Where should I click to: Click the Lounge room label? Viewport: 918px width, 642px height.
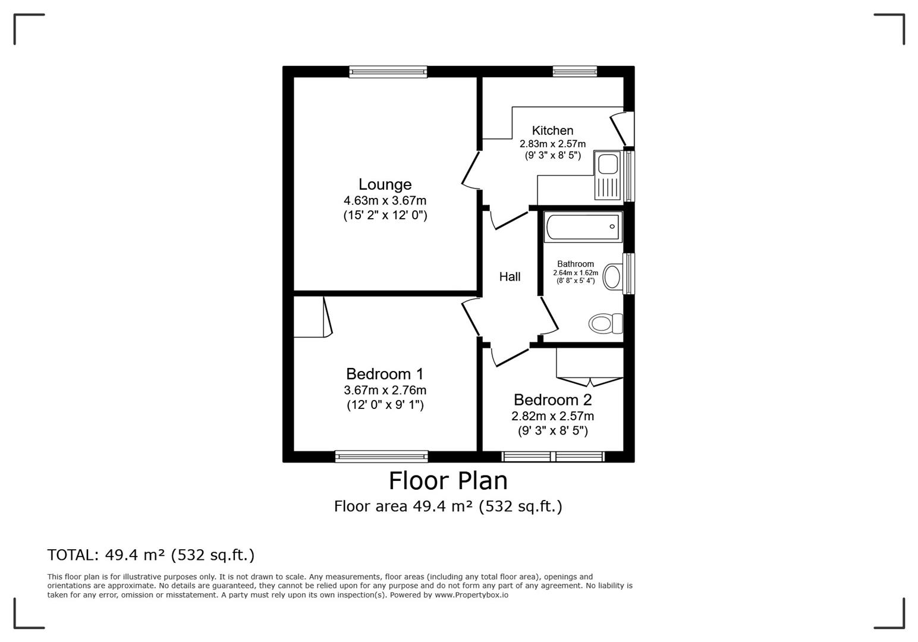tap(385, 184)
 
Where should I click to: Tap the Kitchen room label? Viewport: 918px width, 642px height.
tap(552, 130)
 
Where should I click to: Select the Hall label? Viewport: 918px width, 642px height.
tap(510, 276)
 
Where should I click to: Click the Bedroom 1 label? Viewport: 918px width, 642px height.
tap(385, 374)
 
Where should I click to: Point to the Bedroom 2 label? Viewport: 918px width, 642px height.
tap(552, 399)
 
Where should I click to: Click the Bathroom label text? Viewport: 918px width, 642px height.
tap(575, 264)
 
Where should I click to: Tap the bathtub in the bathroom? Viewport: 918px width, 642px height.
tap(583, 227)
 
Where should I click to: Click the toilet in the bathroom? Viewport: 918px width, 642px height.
tap(605, 324)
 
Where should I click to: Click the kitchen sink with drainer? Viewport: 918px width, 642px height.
tap(608, 175)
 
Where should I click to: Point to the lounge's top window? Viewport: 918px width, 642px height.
tap(388, 72)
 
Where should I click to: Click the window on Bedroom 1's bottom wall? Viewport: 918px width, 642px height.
tap(381, 457)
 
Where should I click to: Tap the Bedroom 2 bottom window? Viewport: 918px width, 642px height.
tap(553, 457)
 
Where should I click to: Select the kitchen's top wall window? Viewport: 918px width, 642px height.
tap(574, 72)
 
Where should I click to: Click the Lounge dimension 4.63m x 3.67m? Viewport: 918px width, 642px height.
tap(385, 201)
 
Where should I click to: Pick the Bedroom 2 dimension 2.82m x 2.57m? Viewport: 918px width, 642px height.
tap(552, 416)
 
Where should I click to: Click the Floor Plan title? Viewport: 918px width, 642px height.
tap(448, 480)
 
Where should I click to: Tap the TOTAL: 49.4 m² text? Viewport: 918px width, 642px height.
tap(150, 555)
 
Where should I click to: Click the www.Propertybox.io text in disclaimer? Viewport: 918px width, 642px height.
tap(471, 594)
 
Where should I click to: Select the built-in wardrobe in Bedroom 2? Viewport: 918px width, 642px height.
tap(589, 363)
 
